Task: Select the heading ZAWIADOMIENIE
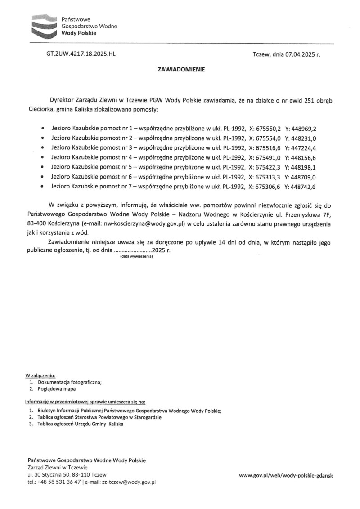click(181, 70)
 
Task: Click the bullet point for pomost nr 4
click(42, 158)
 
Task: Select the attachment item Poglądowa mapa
click(57, 388)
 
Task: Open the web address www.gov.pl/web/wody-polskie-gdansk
click(286, 475)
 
